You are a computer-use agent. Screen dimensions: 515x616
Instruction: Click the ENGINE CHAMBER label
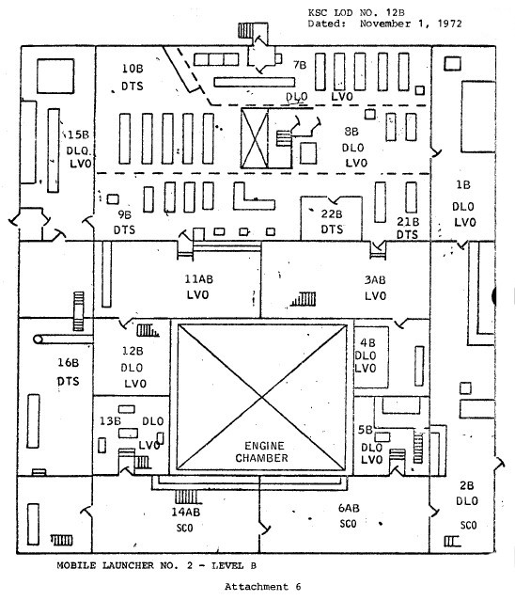point(261,451)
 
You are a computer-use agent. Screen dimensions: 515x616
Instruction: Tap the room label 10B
point(133,69)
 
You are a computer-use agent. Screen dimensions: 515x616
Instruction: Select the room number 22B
point(332,214)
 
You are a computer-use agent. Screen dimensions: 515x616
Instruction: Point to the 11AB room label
point(199,279)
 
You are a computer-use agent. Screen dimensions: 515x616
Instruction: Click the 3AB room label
point(375,280)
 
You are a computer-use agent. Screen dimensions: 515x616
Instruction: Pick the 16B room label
point(68,363)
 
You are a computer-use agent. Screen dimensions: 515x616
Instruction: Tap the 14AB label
point(186,513)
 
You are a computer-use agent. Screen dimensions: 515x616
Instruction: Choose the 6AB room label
point(349,509)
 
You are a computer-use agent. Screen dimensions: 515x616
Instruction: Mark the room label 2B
point(467,486)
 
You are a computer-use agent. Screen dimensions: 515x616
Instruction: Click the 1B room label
point(463,184)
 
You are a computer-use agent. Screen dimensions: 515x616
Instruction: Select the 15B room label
point(78,135)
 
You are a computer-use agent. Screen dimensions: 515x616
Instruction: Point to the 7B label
point(300,65)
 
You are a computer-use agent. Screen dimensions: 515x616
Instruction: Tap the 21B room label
point(408,222)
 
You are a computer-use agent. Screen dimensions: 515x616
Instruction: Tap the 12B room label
point(133,351)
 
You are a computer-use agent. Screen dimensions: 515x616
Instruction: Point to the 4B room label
point(367,343)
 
